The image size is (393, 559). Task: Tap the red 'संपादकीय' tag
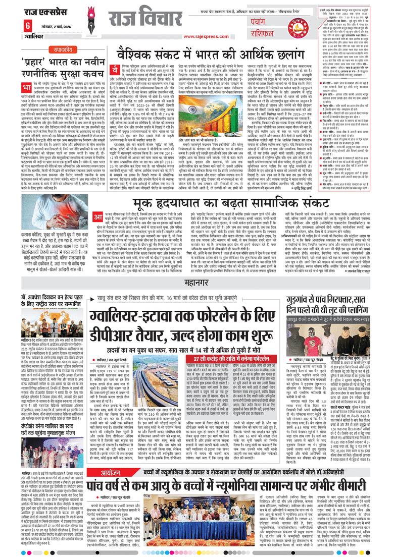pos(64,49)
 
